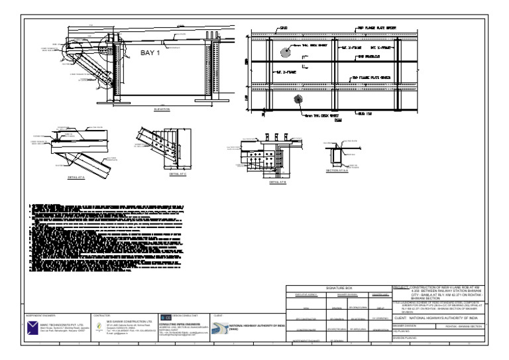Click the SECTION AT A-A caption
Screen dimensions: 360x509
point(337,170)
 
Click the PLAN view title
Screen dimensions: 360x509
point(339,121)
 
